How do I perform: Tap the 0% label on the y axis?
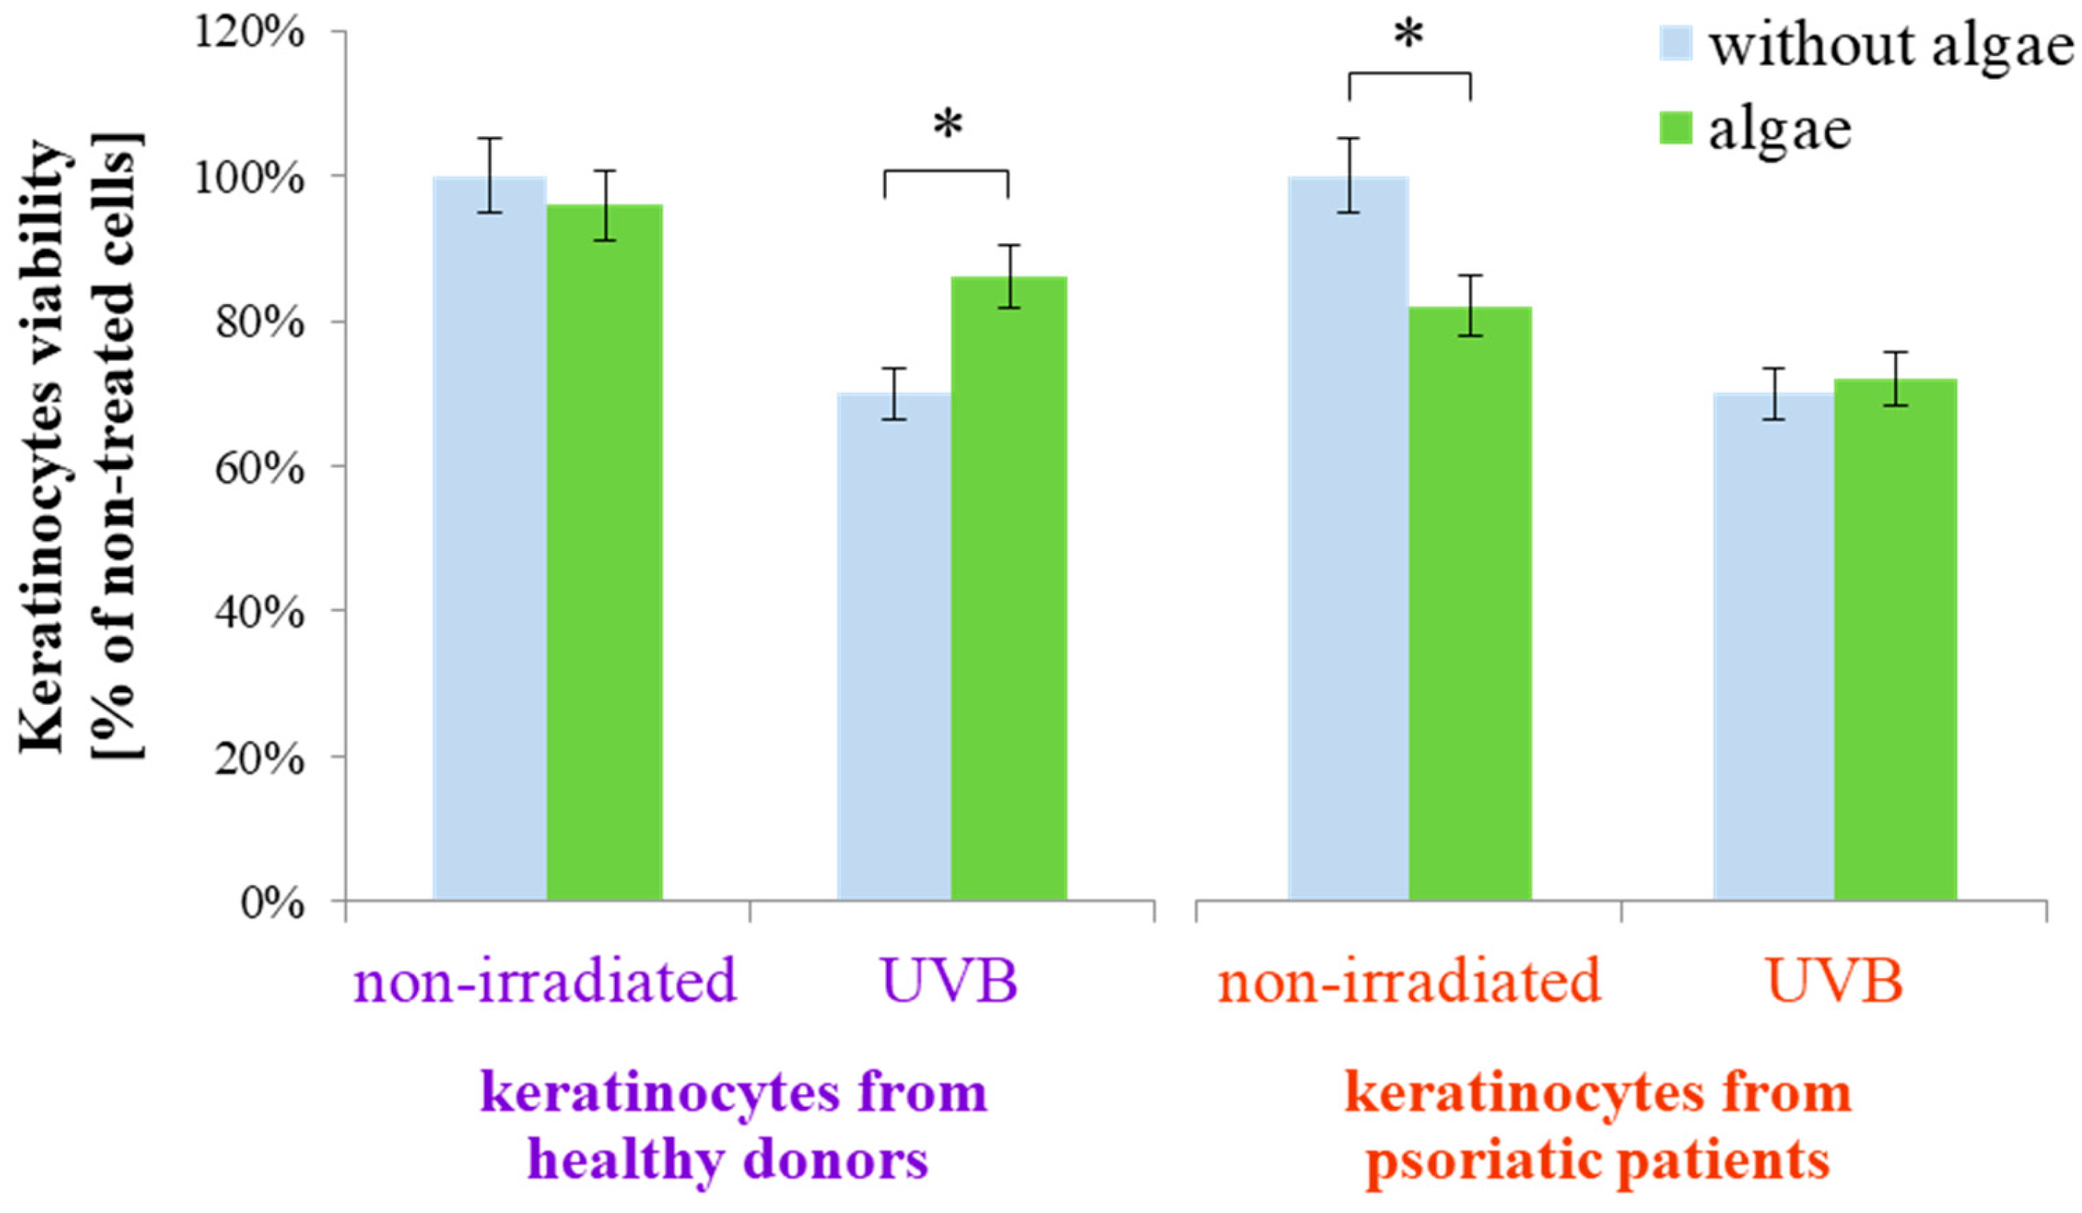(x=272, y=904)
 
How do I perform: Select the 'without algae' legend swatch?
(x=1675, y=43)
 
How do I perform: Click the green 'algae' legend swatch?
(x=1675, y=128)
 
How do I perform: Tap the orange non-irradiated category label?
(x=1410, y=982)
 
